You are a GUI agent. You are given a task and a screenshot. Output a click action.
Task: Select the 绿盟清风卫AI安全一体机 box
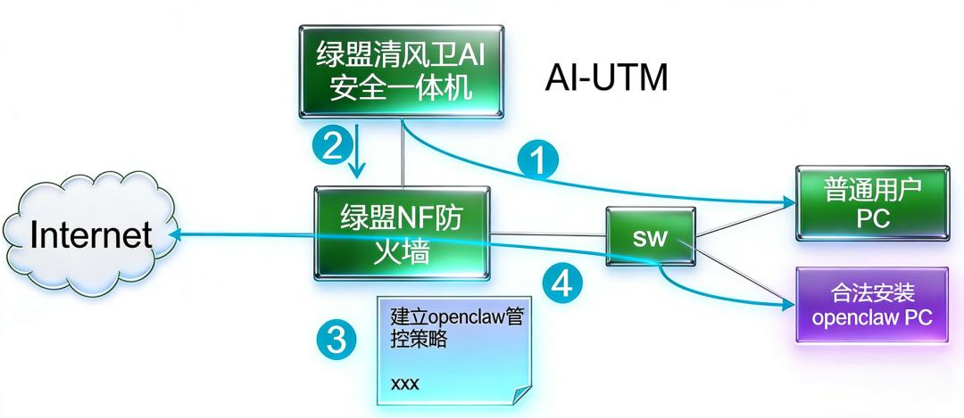point(400,71)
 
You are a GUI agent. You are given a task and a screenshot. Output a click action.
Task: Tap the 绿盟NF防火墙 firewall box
point(401,234)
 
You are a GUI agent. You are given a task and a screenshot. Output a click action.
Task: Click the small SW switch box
point(650,237)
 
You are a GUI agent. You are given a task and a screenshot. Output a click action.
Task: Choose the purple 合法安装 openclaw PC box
point(870,305)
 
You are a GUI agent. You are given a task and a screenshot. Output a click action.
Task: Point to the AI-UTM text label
point(606,78)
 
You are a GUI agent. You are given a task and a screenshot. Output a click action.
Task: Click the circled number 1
point(537,160)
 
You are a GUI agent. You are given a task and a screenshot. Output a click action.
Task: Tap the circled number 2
point(331,145)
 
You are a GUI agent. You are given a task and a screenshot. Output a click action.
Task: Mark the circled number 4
point(561,283)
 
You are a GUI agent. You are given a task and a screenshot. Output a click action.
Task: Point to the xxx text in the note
point(404,384)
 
